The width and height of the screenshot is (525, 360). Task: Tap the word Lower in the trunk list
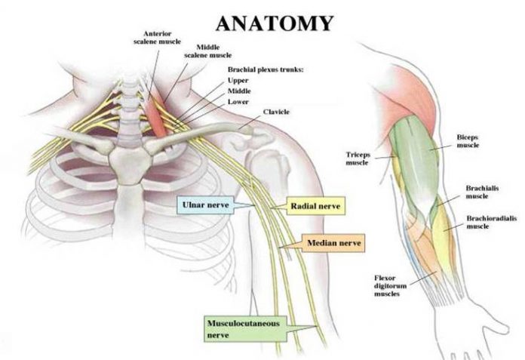point(238,100)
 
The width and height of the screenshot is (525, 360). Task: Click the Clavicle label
point(276,112)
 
